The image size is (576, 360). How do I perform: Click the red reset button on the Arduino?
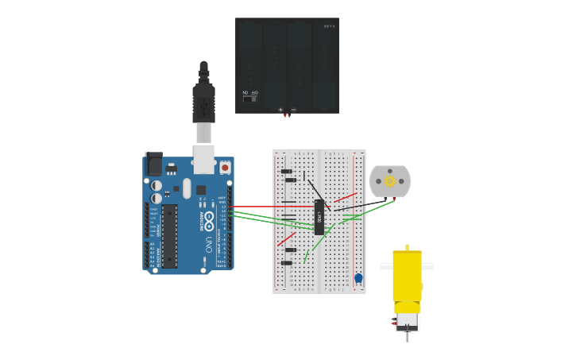225,167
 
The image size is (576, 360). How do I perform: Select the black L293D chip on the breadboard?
319,217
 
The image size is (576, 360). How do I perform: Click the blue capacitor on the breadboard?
358,278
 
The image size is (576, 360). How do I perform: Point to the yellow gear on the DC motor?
390,181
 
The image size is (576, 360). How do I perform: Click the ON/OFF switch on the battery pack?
249,99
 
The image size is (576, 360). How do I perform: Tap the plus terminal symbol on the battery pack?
280,110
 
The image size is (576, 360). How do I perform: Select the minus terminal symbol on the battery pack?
293,110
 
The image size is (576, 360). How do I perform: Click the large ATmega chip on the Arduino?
170,234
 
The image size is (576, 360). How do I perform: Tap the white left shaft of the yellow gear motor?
386,267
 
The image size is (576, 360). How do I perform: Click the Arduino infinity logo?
208,216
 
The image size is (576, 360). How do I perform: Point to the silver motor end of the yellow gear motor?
407,321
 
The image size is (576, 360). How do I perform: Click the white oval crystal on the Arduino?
187,188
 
